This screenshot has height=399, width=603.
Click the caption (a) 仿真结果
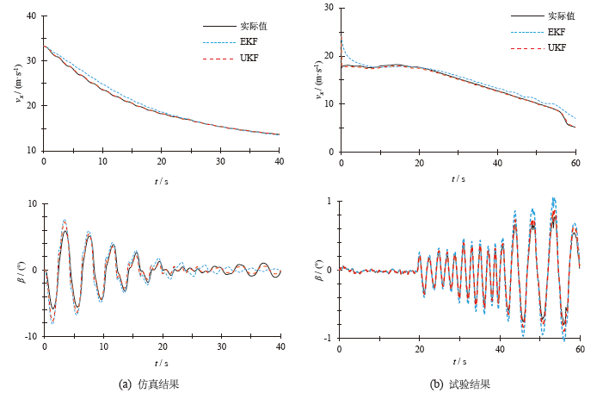point(149,383)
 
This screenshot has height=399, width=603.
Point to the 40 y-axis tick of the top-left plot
point(31,16)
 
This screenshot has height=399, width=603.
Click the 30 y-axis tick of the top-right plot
point(328,8)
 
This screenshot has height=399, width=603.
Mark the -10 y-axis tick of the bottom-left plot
point(29,336)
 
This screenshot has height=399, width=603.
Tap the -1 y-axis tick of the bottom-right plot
point(329,339)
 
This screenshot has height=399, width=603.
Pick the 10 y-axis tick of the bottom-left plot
point(31,204)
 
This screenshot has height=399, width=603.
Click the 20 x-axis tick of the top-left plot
point(162,161)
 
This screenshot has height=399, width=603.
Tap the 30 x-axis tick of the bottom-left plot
point(221,346)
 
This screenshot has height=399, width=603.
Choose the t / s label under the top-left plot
point(161,182)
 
